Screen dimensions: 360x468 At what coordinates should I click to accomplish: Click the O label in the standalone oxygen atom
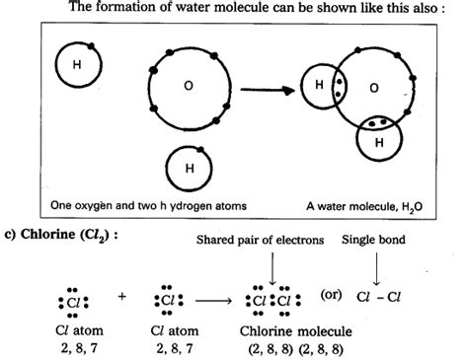coord(188,86)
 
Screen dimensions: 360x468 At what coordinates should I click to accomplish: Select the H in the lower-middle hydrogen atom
coord(188,167)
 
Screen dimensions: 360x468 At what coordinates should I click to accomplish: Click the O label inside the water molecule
coord(374,88)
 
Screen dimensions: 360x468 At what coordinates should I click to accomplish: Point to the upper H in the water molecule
coord(319,86)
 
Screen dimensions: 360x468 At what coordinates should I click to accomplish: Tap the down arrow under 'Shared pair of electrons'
coord(271,267)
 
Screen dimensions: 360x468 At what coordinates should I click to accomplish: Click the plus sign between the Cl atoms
coord(122,295)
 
